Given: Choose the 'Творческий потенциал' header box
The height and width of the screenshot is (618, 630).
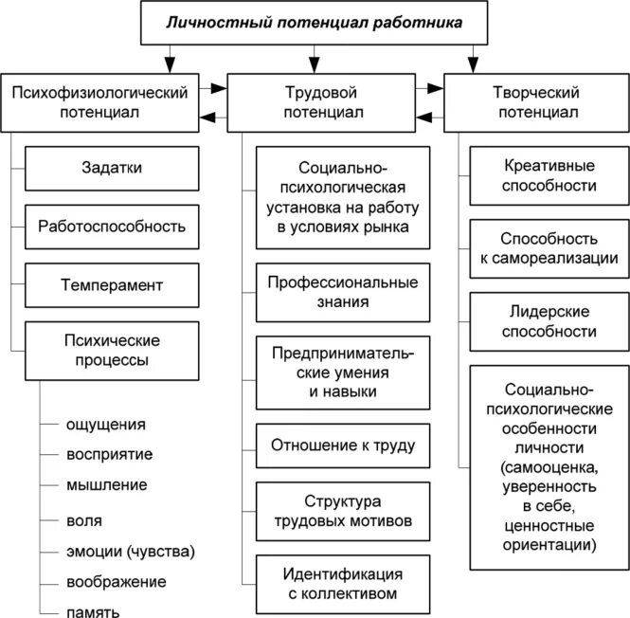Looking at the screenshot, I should pos(536,102).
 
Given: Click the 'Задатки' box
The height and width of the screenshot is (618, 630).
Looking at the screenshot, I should pos(112,169).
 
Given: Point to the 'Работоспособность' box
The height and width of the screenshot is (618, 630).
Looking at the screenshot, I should pos(112,227).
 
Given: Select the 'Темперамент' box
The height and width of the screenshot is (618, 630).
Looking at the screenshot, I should pos(112,284).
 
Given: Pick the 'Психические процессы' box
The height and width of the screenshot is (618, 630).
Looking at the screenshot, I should pos(112,348).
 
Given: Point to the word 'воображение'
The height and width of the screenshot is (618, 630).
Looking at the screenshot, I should pos(117,581).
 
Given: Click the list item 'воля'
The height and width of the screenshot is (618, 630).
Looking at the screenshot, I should pos(84,520).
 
